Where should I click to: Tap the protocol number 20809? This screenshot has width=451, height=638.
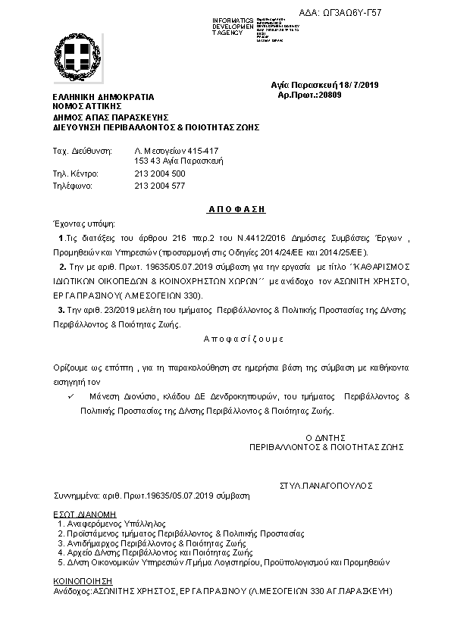330,94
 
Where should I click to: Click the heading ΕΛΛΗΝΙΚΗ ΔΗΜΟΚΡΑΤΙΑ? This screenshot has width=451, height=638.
103,98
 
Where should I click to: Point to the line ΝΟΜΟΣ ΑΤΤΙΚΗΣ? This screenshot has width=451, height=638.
83,108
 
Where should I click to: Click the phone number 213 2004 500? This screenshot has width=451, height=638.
159,174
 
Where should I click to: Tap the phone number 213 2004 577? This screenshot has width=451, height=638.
159,185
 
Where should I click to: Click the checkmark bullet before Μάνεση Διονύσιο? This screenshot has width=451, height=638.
70,396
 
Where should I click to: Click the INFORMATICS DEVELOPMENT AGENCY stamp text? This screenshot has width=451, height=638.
231,25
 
